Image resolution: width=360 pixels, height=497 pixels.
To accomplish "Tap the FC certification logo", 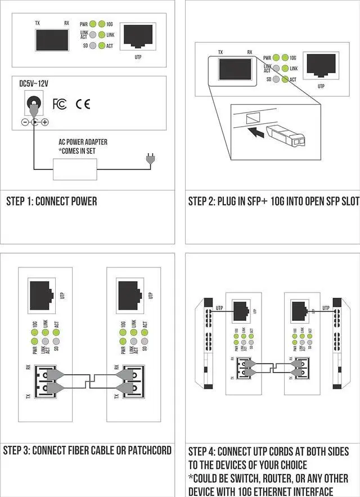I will tap(59, 104).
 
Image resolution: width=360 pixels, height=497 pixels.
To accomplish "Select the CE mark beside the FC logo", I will tap(83, 104).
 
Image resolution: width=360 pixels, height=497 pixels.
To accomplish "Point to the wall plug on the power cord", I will tap(149, 160).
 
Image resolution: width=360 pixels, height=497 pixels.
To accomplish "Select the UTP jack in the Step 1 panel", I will tap(138, 37).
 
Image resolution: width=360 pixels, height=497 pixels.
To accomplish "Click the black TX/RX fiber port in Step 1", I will tap(52, 41).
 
